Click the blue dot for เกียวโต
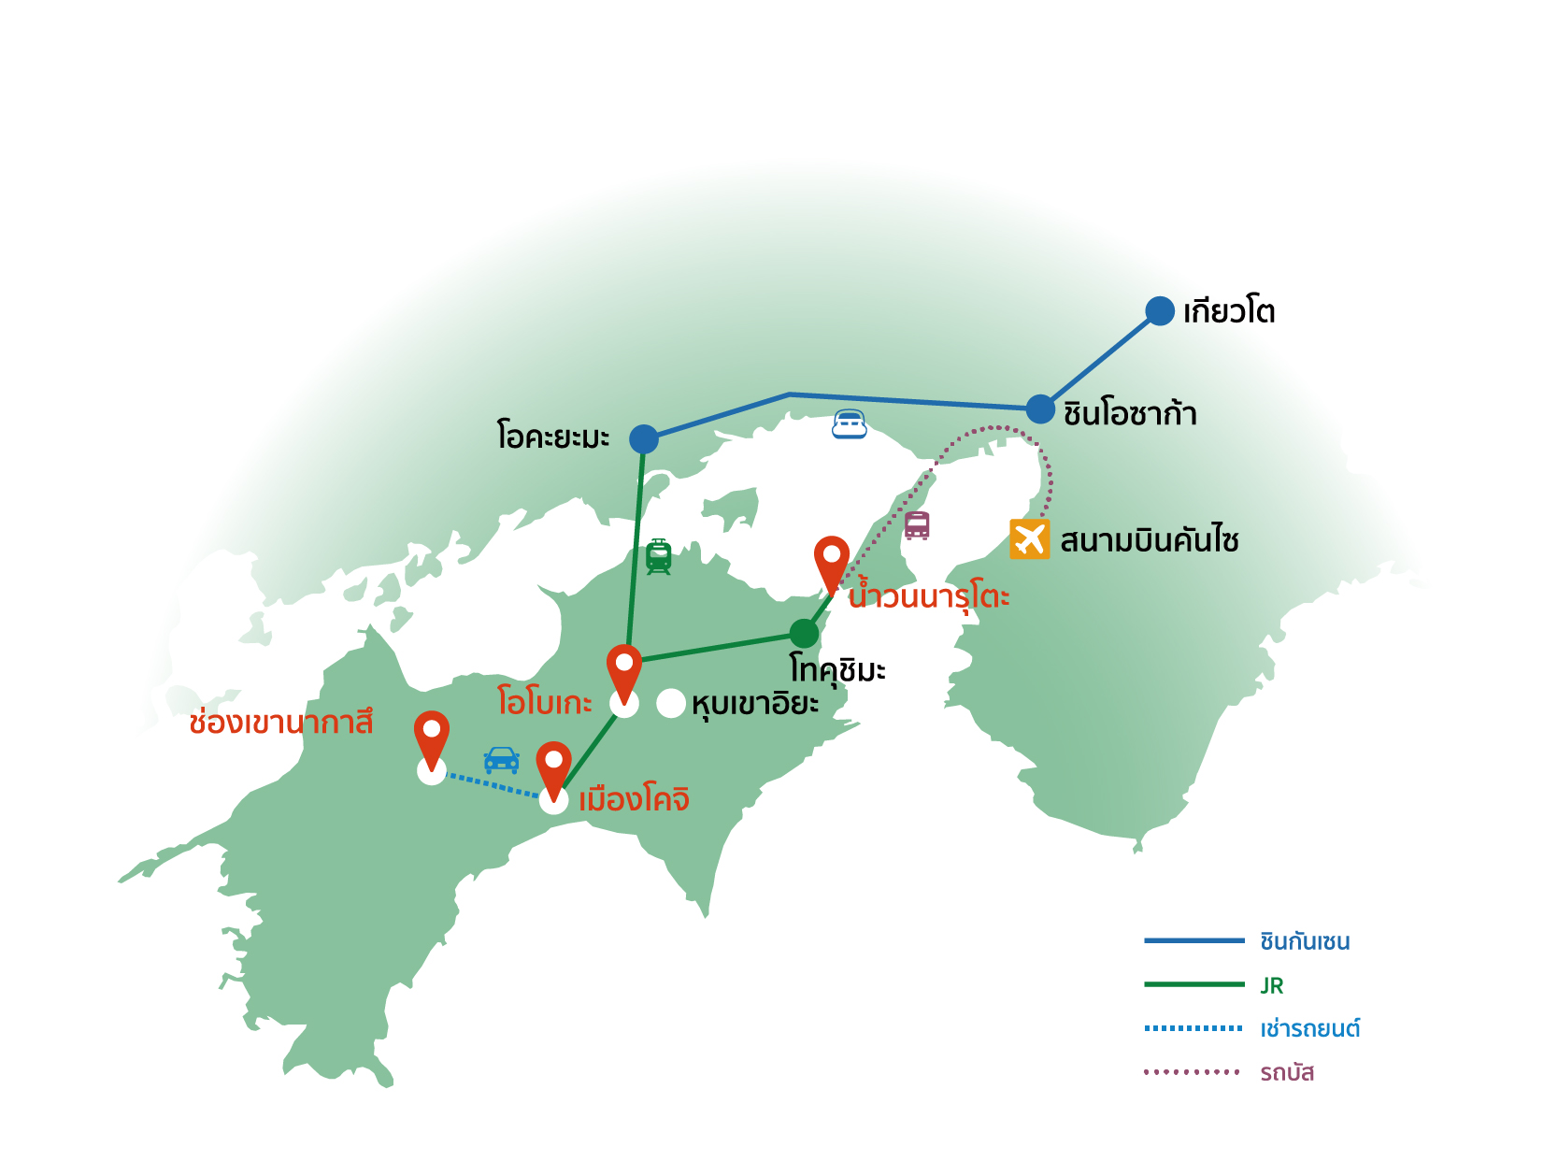click(x=1159, y=311)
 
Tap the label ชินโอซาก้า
click(x=1130, y=413)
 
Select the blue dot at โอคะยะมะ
click(x=643, y=438)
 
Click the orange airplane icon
click(x=1029, y=539)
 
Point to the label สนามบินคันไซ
click(x=1149, y=541)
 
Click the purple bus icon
click(x=917, y=525)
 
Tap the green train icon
click(x=658, y=556)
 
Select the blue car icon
click(x=501, y=759)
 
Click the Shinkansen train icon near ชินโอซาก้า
click(x=850, y=424)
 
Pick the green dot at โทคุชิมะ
click(x=803, y=634)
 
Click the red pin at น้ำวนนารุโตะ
click(x=831, y=561)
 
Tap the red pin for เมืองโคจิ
click(x=553, y=767)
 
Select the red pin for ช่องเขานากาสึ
click(x=431, y=737)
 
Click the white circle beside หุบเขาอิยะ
click(x=671, y=704)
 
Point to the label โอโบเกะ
click(x=544, y=702)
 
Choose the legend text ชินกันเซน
click(x=1304, y=941)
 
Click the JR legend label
click(x=1271, y=985)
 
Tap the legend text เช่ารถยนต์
click(x=1308, y=1029)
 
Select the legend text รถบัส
click(x=1286, y=1073)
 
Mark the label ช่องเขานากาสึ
click(x=280, y=723)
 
